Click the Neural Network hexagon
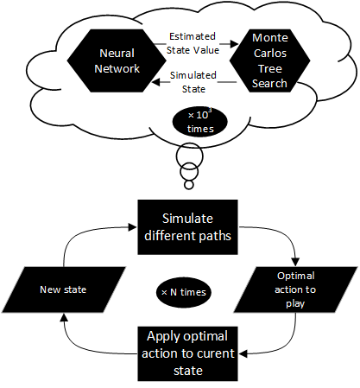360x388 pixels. (117, 60)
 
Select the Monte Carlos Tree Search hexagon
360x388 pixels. (269, 60)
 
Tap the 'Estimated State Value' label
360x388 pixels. (193, 43)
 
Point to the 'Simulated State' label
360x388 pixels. (193, 82)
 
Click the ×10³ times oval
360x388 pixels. (200, 122)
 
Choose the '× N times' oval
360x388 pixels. (184, 292)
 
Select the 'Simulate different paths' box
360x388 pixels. (187, 227)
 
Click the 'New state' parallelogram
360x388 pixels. (64, 289)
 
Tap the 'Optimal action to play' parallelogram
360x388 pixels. (295, 289)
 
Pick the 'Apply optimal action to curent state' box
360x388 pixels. (187, 353)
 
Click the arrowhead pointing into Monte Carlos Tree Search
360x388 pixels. (234, 44)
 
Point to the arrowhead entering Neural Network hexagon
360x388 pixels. (156, 82)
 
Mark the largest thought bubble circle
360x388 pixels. (190, 156)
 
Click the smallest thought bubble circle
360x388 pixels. (189, 185)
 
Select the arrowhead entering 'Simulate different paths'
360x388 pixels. (133, 227)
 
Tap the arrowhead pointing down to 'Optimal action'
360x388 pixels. (295, 262)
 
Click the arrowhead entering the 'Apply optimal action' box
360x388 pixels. (243, 353)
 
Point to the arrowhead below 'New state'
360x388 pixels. (64, 317)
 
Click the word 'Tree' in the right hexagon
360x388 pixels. (269, 68)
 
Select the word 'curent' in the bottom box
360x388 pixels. (215, 353)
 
